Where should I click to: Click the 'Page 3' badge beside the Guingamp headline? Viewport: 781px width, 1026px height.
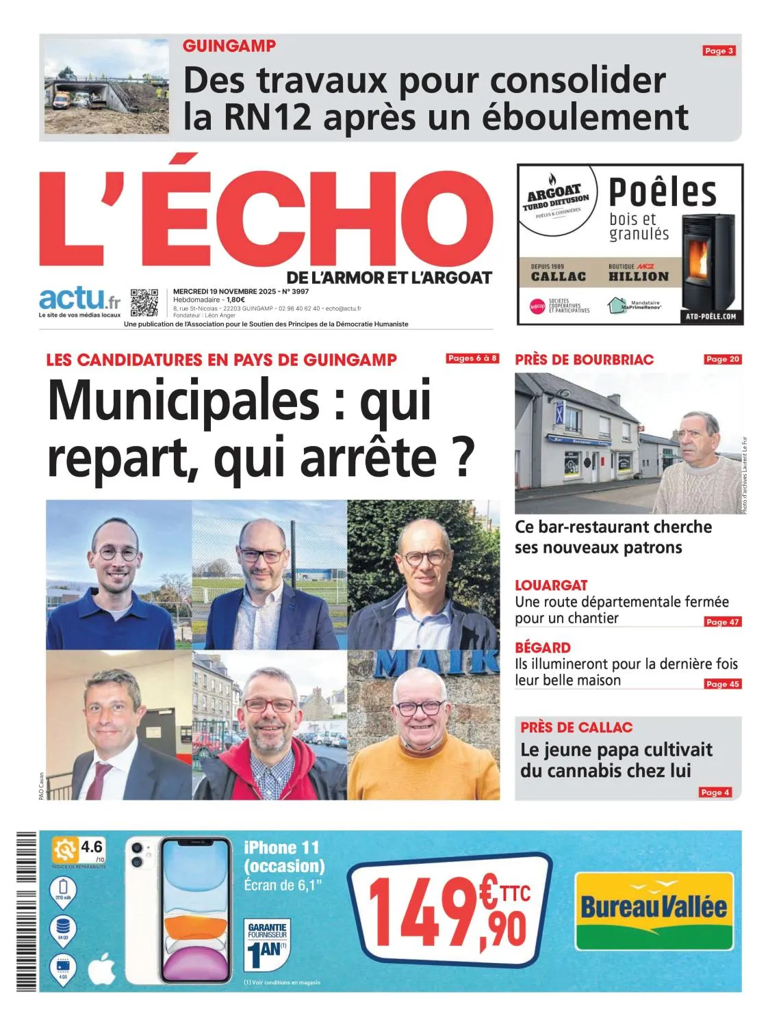pyautogui.click(x=719, y=51)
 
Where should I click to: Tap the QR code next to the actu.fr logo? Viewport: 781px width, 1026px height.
pyautogui.click(x=144, y=302)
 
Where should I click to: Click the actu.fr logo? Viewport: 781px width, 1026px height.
pyautogui.click(x=80, y=300)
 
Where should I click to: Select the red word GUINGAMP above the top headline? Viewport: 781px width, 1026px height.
pyautogui.click(x=229, y=46)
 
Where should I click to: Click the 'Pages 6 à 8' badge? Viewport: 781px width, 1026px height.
pyautogui.click(x=472, y=358)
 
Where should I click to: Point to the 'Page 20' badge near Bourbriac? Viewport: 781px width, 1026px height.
pyautogui.click(x=723, y=359)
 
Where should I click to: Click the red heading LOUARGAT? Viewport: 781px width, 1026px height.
pyautogui.click(x=551, y=585)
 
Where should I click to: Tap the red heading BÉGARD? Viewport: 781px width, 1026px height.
pyautogui.click(x=543, y=647)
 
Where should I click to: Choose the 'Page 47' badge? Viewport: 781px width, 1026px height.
pyautogui.click(x=723, y=622)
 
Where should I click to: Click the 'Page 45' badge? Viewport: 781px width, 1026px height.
pyautogui.click(x=723, y=684)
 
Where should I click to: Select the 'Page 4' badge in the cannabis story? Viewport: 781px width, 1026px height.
pyautogui.click(x=715, y=792)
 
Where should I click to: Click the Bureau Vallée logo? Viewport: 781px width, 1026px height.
pyautogui.click(x=654, y=910)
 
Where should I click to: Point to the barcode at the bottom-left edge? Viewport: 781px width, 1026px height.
pyautogui.click(x=26, y=910)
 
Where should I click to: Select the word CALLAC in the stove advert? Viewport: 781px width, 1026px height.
pyautogui.click(x=559, y=276)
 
